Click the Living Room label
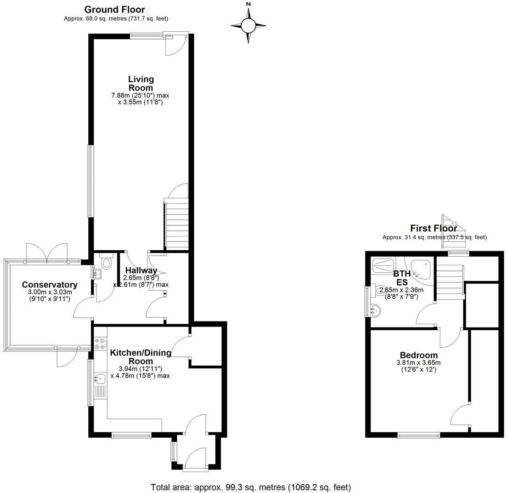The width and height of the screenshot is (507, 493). pyautogui.click(x=141, y=83)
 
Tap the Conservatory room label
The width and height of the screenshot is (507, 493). pyautogui.click(x=50, y=285)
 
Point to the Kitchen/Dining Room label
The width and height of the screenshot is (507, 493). pyautogui.click(x=141, y=357)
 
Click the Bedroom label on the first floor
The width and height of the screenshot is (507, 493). pyautogui.click(x=418, y=355)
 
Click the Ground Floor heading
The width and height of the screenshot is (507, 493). pyautogui.click(x=115, y=9)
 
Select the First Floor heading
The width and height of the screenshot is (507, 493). pyautogui.click(x=433, y=229)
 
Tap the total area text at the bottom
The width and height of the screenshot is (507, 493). pyautogui.click(x=251, y=487)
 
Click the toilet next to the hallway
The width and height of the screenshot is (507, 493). pyautogui.click(x=107, y=262)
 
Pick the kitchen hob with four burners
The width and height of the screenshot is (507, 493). pyautogui.click(x=100, y=342)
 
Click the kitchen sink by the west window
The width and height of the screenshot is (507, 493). pyautogui.click(x=100, y=379)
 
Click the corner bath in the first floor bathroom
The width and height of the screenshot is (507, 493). pyautogui.click(x=420, y=269)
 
